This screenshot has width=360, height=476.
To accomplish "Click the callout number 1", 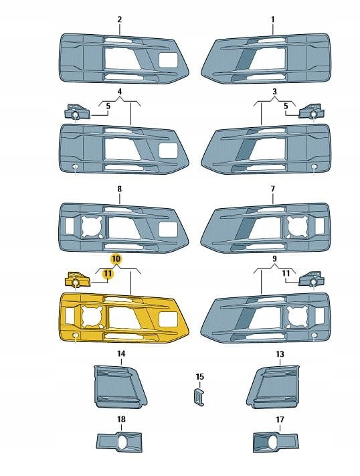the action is (272, 19).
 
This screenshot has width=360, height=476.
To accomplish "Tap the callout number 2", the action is (120, 19).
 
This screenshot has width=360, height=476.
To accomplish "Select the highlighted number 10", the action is (116, 259).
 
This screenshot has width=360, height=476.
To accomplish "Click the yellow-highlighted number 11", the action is (108, 274).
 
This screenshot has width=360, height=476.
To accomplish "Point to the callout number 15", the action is (199, 377).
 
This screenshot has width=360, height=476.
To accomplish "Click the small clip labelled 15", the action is (199, 396).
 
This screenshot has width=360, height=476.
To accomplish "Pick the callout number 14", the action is (121, 353).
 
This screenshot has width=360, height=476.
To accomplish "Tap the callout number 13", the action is (280, 354).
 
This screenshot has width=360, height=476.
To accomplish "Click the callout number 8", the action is (120, 189).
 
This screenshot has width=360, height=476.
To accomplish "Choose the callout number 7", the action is (272, 189).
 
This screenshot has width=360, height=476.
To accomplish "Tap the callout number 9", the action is (274, 258).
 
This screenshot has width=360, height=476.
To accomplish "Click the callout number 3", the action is (274, 91).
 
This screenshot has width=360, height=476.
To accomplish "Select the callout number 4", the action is (120, 91).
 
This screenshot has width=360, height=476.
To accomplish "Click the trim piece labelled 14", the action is (120, 387).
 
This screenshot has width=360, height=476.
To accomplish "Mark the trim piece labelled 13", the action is (273, 387).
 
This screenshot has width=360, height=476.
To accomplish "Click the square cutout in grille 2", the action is (168, 60).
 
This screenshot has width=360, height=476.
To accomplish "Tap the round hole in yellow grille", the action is (75, 335).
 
